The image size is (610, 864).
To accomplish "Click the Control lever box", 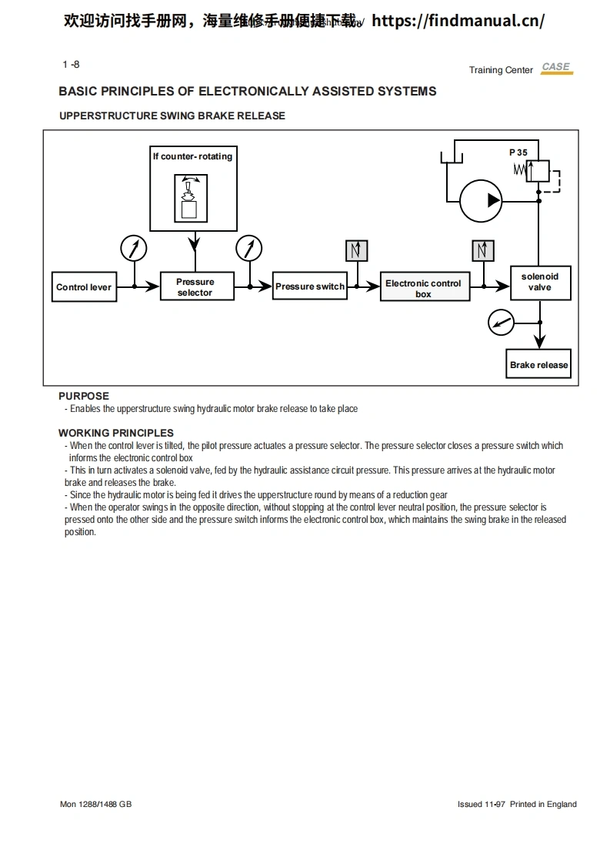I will coord(84,287).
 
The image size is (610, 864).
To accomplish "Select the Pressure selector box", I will coord(195,287).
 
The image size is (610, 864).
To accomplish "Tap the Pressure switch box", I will coord(310,286).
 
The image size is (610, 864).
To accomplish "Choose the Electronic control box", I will coord(424,288).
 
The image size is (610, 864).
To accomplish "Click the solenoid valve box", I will coord(539,283).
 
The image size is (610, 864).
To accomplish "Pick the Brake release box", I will coord(539,365).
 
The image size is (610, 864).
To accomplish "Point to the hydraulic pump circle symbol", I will coord(481,201).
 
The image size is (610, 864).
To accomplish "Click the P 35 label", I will coord(518,152).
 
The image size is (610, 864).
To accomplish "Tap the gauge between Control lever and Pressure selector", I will coord(135,249).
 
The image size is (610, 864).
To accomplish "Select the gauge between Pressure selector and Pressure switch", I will coord(249,249).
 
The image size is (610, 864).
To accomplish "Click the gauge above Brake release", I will coord(501,323).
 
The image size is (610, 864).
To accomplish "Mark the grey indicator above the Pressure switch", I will coord(357,251).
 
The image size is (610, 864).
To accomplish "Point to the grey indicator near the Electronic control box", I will coord(483,251).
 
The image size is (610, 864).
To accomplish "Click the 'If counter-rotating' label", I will coord(192,156).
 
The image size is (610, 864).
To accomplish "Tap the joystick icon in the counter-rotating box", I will coord(189,198).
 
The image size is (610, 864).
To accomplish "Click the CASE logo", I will coord(556,68).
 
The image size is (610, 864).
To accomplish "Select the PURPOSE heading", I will coord(84,397).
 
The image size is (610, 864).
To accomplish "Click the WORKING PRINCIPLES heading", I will coord(116,433).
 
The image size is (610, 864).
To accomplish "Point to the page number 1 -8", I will coord(71,65).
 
